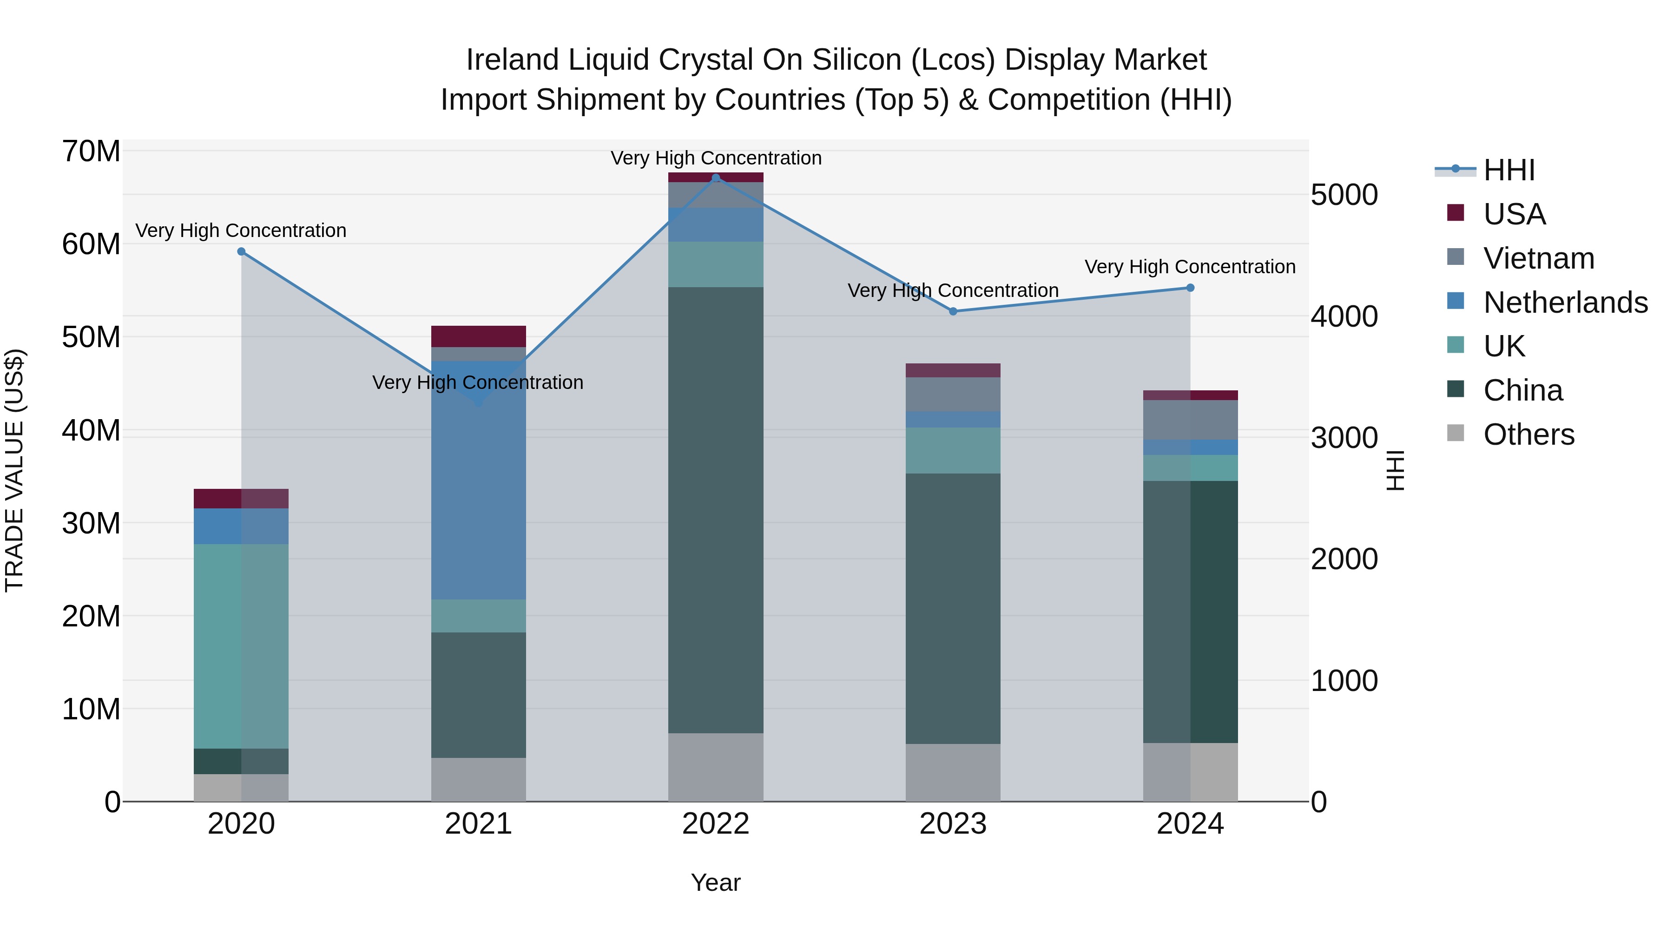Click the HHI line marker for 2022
click(716, 178)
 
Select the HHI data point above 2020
click(241, 251)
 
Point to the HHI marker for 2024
click(1190, 288)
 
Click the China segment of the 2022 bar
click(716, 510)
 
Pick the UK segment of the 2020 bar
click(241, 646)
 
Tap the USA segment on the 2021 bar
click(479, 336)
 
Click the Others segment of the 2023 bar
click(953, 772)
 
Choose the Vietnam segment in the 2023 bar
click(953, 394)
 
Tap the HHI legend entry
click(1508, 170)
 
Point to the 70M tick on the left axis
click(91, 151)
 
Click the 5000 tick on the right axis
click(1344, 195)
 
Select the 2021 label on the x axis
click(479, 824)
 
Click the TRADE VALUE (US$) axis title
click(14, 470)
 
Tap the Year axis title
click(716, 882)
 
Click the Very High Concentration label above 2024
click(1190, 267)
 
